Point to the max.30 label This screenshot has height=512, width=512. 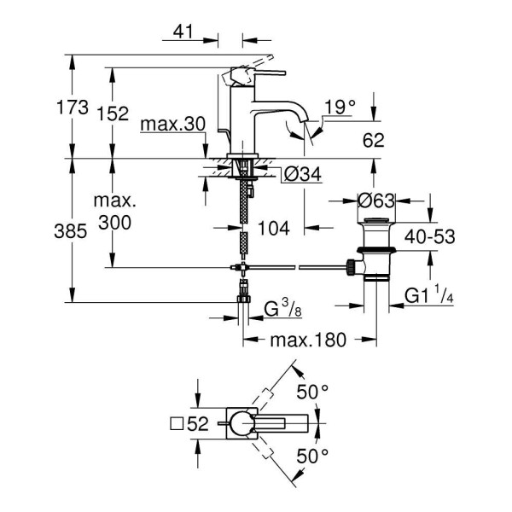[173, 125]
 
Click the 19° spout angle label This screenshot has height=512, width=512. [339, 107]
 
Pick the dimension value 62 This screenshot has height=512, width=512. [374, 139]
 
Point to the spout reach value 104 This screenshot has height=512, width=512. [274, 228]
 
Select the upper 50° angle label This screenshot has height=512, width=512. [311, 391]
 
